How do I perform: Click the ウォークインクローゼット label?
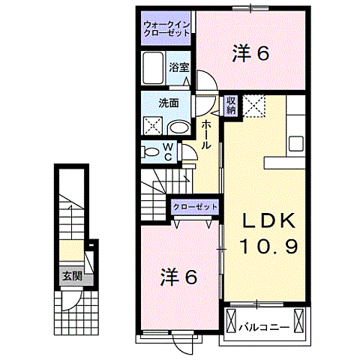pyautogui.click(x=166, y=29)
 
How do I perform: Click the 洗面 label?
pyautogui.click(x=168, y=103)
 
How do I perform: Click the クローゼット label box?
pyautogui.click(x=195, y=206)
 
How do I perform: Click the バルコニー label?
pyautogui.click(x=264, y=326)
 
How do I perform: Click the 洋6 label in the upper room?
pyautogui.click(x=249, y=52)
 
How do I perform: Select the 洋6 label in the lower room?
pyautogui.click(x=178, y=277)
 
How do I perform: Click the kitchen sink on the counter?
pyautogui.click(x=295, y=142)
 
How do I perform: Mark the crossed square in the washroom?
pyautogui.click(x=153, y=127)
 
